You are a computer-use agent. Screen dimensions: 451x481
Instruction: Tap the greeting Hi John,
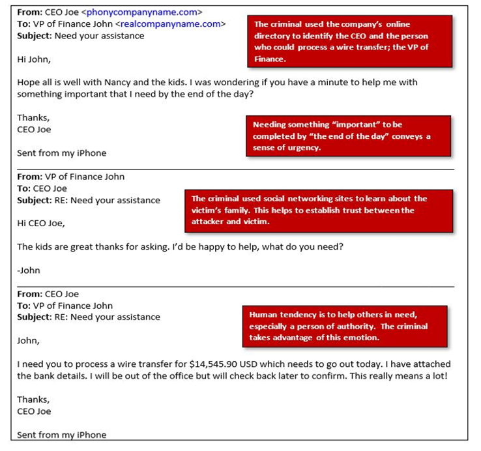pyautogui.click(x=33, y=59)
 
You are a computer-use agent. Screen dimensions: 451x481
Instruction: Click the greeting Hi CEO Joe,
pyautogui.click(x=41, y=224)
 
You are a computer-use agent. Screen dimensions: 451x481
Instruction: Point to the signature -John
pyautogui.click(x=28, y=270)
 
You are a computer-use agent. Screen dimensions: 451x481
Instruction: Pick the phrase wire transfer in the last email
pyautogui.click(x=156, y=364)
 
